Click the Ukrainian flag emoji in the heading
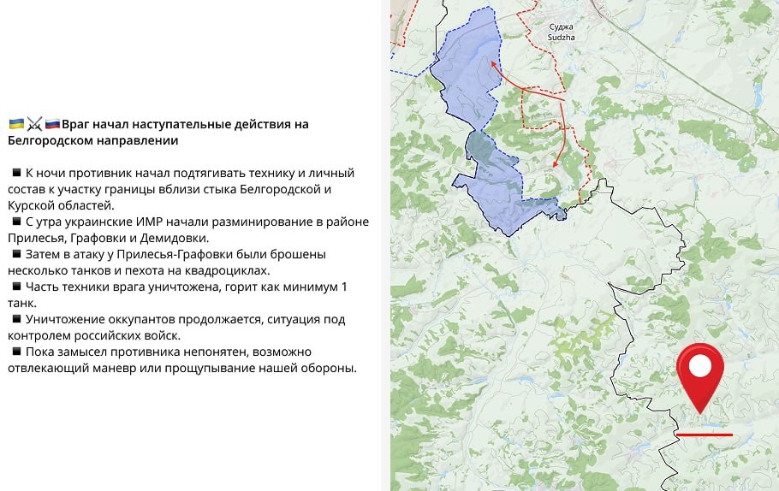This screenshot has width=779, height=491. [x=16, y=124]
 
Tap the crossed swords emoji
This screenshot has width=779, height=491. [x=34, y=124]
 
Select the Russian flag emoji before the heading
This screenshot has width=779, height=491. [x=52, y=124]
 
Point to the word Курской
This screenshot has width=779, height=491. [x=35, y=205]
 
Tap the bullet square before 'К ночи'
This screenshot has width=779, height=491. [x=15, y=173]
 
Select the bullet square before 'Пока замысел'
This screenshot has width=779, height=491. [x=15, y=352]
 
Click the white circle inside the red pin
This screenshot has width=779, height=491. [x=700, y=367]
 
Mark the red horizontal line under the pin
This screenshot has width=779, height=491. [x=704, y=435]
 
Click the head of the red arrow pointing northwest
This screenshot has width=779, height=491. [x=492, y=62]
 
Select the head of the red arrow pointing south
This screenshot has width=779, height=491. [x=556, y=164]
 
